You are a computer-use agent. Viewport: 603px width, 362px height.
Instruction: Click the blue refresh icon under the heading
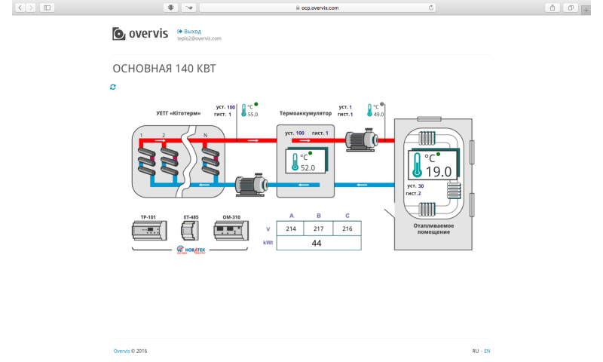(x=113, y=87)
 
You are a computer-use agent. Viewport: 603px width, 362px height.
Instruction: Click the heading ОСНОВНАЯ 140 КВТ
(x=164, y=69)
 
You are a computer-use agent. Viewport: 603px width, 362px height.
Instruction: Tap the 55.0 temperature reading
(x=253, y=115)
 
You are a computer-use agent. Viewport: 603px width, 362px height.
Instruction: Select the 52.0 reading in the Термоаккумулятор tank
(x=308, y=168)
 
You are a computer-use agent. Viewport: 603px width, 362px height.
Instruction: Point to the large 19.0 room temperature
(x=438, y=171)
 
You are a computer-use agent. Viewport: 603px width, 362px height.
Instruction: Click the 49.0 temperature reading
(x=378, y=115)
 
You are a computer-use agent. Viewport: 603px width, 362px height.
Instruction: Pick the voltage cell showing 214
(x=291, y=229)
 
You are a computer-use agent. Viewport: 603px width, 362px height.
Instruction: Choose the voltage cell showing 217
(x=319, y=229)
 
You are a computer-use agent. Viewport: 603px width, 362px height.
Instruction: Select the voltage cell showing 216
(x=347, y=229)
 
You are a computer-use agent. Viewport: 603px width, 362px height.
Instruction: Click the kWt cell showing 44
(x=317, y=243)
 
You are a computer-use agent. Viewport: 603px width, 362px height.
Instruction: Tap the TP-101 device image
(x=148, y=232)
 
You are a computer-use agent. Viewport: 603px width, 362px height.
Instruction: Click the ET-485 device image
(x=191, y=231)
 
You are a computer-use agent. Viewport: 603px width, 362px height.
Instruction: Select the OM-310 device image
(x=231, y=231)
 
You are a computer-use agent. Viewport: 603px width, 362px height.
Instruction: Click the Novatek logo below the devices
(x=191, y=250)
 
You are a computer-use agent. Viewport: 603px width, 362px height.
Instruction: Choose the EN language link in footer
(x=487, y=351)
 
